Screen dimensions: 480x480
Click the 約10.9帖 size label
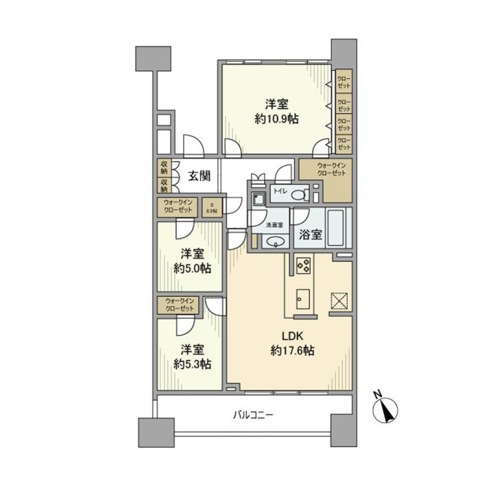(x=276, y=119)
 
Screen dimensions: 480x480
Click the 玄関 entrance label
(x=198, y=176)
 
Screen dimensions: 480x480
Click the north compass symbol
(x=385, y=411)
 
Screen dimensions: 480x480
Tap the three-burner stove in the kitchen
(x=302, y=265)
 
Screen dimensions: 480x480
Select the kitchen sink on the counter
(x=302, y=299)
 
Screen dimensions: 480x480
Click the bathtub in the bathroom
(x=339, y=228)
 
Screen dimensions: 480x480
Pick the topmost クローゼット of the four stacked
(x=343, y=81)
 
